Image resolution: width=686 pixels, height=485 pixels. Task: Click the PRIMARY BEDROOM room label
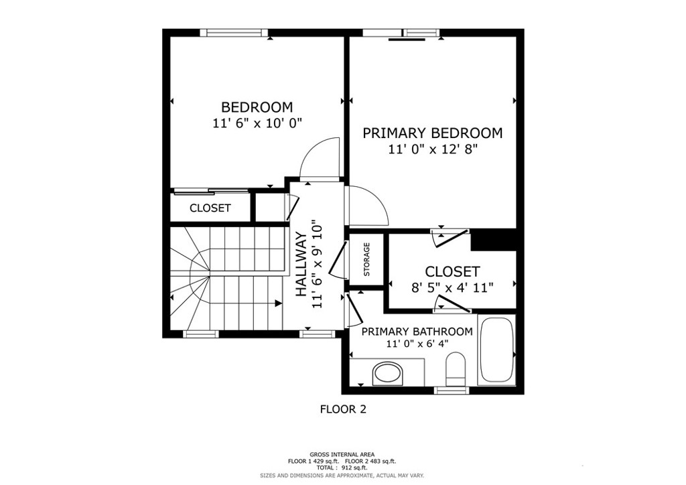tap(432, 133)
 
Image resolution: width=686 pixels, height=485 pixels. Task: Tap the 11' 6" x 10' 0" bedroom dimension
tap(258, 124)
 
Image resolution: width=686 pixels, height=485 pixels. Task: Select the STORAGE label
tap(366, 259)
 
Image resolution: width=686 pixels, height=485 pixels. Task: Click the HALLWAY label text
tap(301, 265)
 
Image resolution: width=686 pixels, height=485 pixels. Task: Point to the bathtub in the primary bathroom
tap(496, 350)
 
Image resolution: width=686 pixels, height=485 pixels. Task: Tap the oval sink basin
tap(388, 374)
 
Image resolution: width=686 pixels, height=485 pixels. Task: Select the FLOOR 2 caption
tap(343, 409)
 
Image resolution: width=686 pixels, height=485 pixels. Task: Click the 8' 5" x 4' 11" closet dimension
tap(452, 288)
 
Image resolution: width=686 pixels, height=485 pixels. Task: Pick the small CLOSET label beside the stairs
tap(210, 208)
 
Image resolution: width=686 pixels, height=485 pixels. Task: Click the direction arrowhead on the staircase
tap(278, 303)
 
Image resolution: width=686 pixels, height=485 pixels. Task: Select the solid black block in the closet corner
tap(494, 240)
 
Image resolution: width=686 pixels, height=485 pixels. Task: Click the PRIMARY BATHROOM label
tap(417, 332)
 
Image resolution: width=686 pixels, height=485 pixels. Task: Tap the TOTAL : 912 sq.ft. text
tap(342, 468)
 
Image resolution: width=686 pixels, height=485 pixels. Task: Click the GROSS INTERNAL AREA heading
tap(342, 454)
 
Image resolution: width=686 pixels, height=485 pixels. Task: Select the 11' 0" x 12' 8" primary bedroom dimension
tap(432, 149)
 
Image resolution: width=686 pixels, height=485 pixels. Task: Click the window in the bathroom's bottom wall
tap(451, 390)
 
